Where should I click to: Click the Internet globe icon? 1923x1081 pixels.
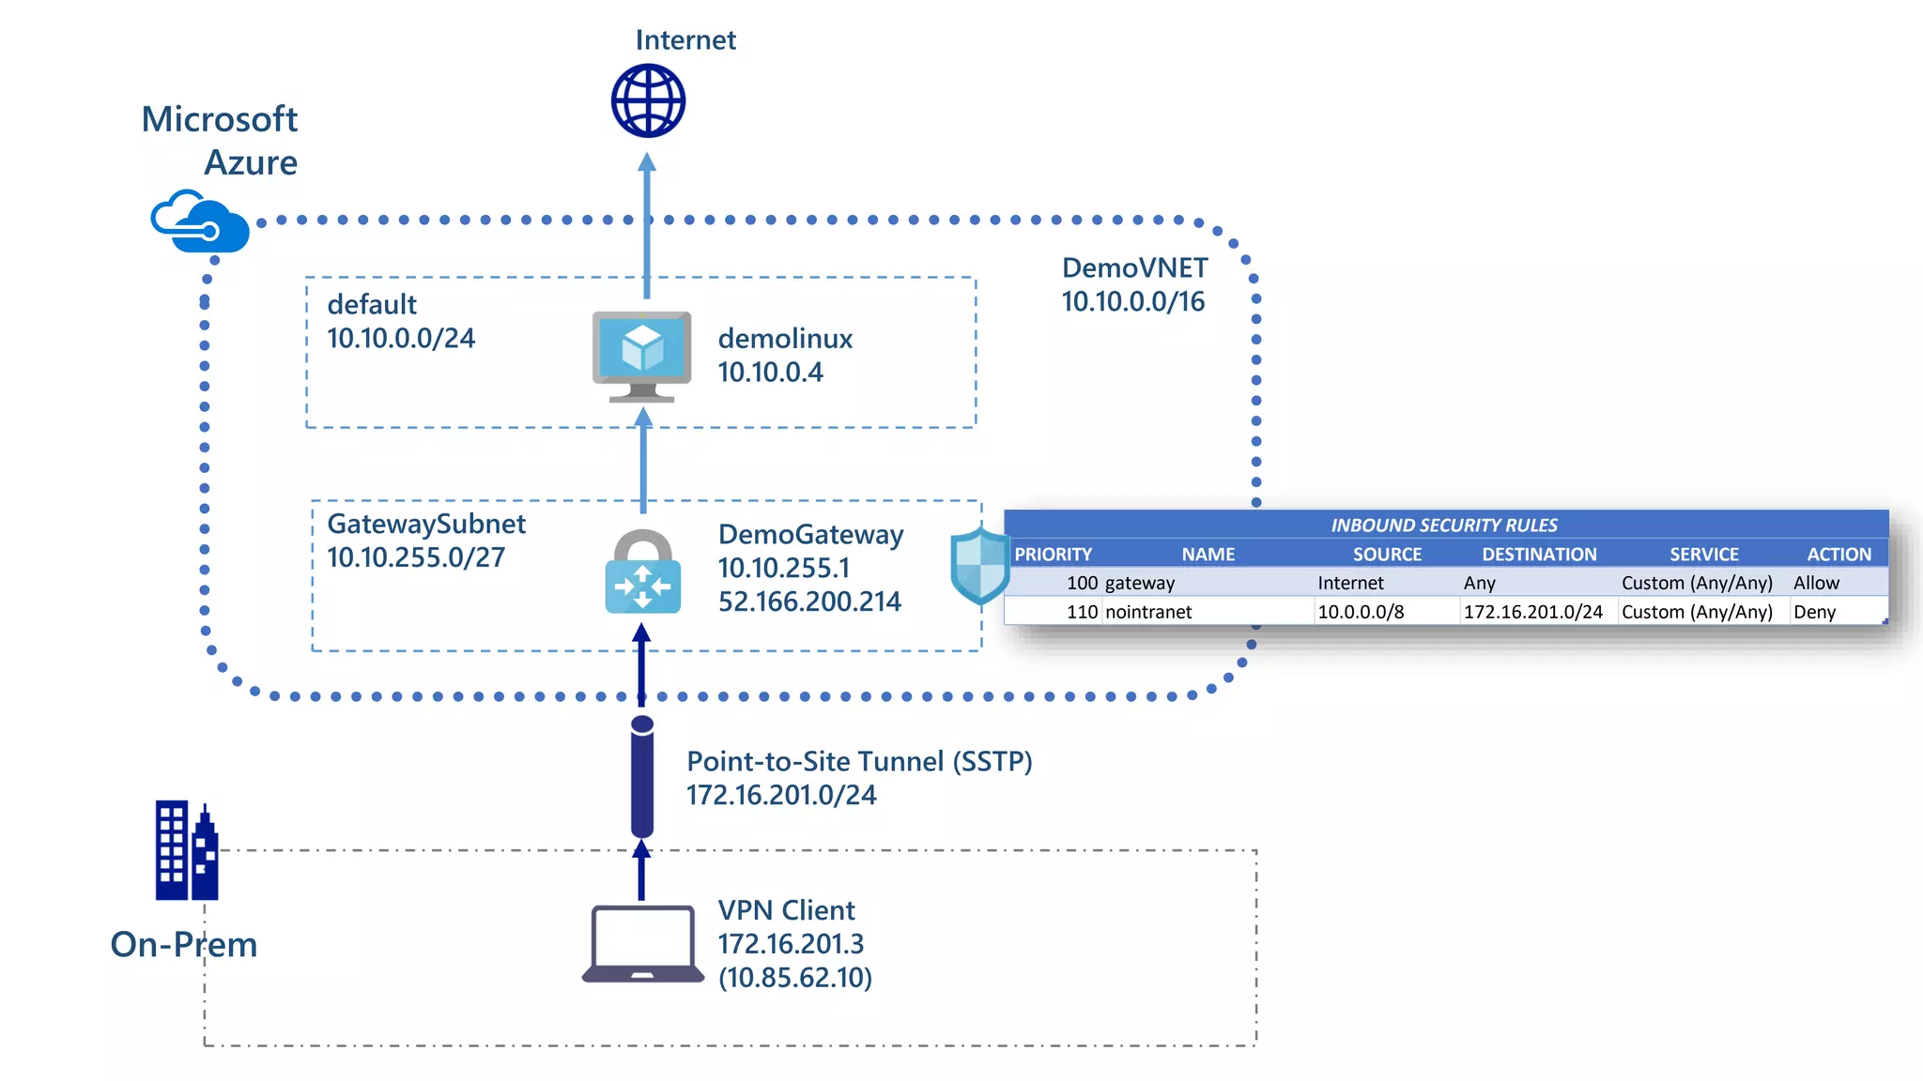(x=648, y=100)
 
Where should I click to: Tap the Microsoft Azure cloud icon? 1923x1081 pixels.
(x=200, y=222)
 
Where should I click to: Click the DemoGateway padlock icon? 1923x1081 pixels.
(x=643, y=573)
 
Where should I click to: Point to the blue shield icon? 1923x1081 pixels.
(x=979, y=566)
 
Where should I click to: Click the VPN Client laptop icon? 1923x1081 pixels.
(x=643, y=944)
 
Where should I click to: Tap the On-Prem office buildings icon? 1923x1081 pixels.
(x=186, y=850)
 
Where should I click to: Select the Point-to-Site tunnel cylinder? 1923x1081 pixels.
(x=642, y=776)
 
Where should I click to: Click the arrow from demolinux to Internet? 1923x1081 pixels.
(x=646, y=225)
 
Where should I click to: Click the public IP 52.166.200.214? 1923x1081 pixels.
(x=809, y=601)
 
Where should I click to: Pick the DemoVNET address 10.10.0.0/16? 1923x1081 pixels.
(x=1132, y=302)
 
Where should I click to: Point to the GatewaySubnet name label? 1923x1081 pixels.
(x=425, y=524)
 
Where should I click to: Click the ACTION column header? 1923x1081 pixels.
(x=1838, y=554)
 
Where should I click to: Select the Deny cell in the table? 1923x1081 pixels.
(x=1814, y=612)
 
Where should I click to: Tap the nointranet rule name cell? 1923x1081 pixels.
(x=1147, y=612)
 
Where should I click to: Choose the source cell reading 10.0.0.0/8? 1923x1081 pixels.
(x=1361, y=612)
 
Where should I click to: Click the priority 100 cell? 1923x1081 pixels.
(x=1082, y=583)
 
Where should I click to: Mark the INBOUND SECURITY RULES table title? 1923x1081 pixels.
(x=1443, y=525)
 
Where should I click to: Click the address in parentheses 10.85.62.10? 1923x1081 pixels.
(x=795, y=978)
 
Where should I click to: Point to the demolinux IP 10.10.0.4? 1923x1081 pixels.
(x=770, y=373)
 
